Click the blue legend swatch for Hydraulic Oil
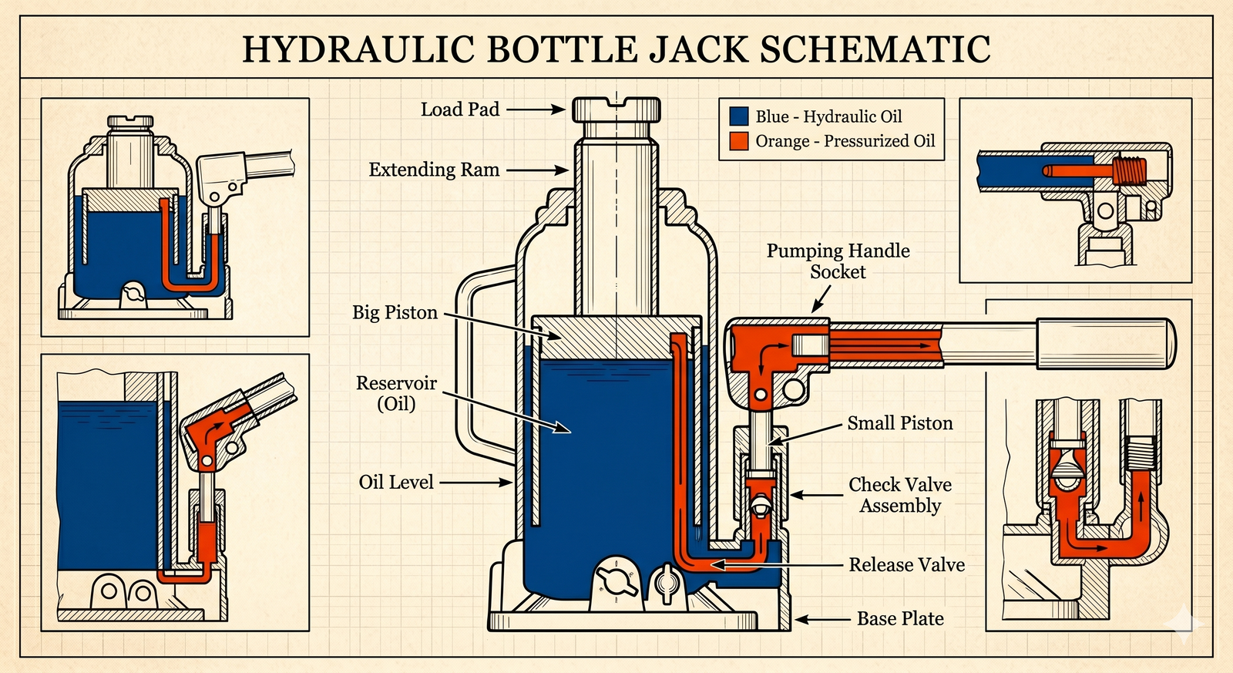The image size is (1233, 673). [739, 116]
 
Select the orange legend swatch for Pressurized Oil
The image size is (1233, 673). [739, 141]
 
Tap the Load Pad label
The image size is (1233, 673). [460, 109]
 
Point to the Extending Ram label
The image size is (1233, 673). [435, 170]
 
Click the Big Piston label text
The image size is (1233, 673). [395, 313]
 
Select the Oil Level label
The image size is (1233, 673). [396, 483]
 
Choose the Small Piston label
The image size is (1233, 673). [900, 423]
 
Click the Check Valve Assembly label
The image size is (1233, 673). [900, 495]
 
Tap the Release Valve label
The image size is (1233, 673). [906, 564]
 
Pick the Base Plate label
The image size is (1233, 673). [901, 618]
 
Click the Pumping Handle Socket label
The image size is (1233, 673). [838, 261]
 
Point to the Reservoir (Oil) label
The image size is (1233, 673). [396, 393]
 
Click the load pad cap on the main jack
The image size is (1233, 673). [616, 109]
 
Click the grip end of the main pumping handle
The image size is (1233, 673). [1107, 344]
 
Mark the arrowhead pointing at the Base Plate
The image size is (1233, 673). [801, 620]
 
